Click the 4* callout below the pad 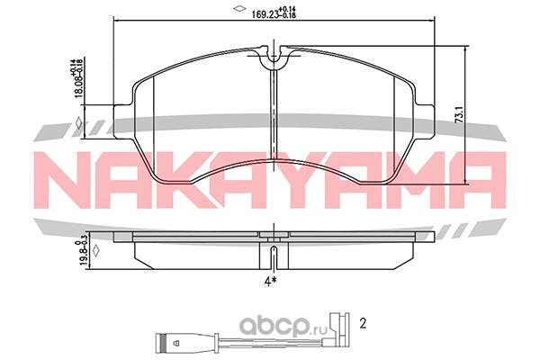coord(271,282)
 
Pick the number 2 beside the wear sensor coord(363,323)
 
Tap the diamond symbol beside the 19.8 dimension coord(96,251)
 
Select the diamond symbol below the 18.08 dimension coord(79,123)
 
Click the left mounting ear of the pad coord(122,121)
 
